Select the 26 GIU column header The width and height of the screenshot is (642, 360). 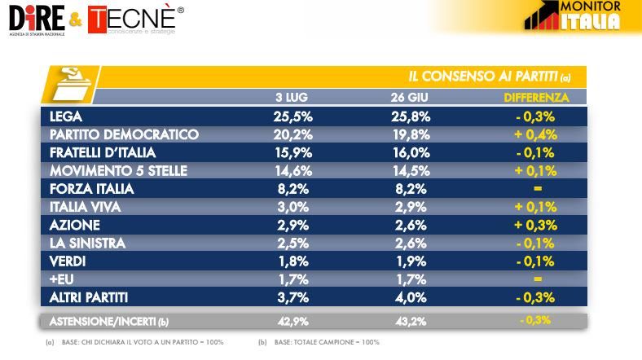(x=410, y=98)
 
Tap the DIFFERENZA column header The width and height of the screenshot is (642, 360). (x=535, y=98)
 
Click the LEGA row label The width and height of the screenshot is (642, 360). (x=66, y=116)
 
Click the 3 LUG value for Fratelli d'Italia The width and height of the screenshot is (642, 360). (x=293, y=152)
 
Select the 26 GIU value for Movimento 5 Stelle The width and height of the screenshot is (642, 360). (x=410, y=170)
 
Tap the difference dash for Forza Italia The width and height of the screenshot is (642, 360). (x=535, y=188)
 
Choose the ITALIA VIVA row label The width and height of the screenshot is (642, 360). (x=85, y=206)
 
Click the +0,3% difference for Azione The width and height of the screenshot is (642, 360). (x=535, y=224)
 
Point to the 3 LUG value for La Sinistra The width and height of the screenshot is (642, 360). (x=293, y=243)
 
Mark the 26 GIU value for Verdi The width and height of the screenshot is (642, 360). (x=410, y=261)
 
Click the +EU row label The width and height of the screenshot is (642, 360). (x=62, y=279)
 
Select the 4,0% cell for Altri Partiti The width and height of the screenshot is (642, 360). (x=410, y=296)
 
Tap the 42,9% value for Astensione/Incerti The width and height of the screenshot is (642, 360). (x=293, y=321)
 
